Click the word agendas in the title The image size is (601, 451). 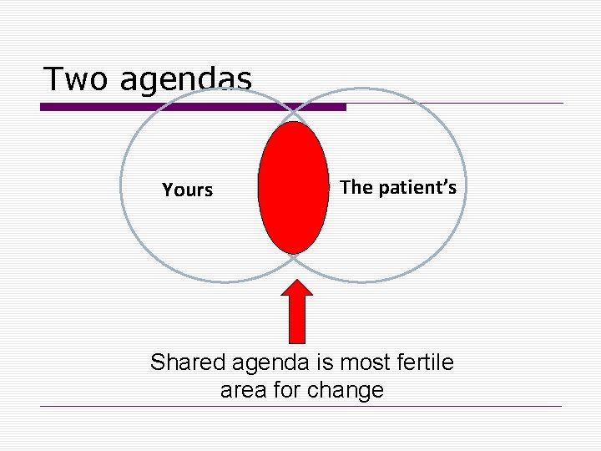(x=184, y=80)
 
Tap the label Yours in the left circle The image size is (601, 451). (x=188, y=190)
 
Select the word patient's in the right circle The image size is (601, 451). (x=417, y=188)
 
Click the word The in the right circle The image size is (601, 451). (x=356, y=187)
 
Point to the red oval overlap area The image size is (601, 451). (x=293, y=187)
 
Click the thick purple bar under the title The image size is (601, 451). (x=193, y=107)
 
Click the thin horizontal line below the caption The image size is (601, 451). (x=300, y=407)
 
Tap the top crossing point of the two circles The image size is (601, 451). (x=293, y=111)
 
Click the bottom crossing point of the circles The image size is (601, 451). (x=293, y=259)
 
